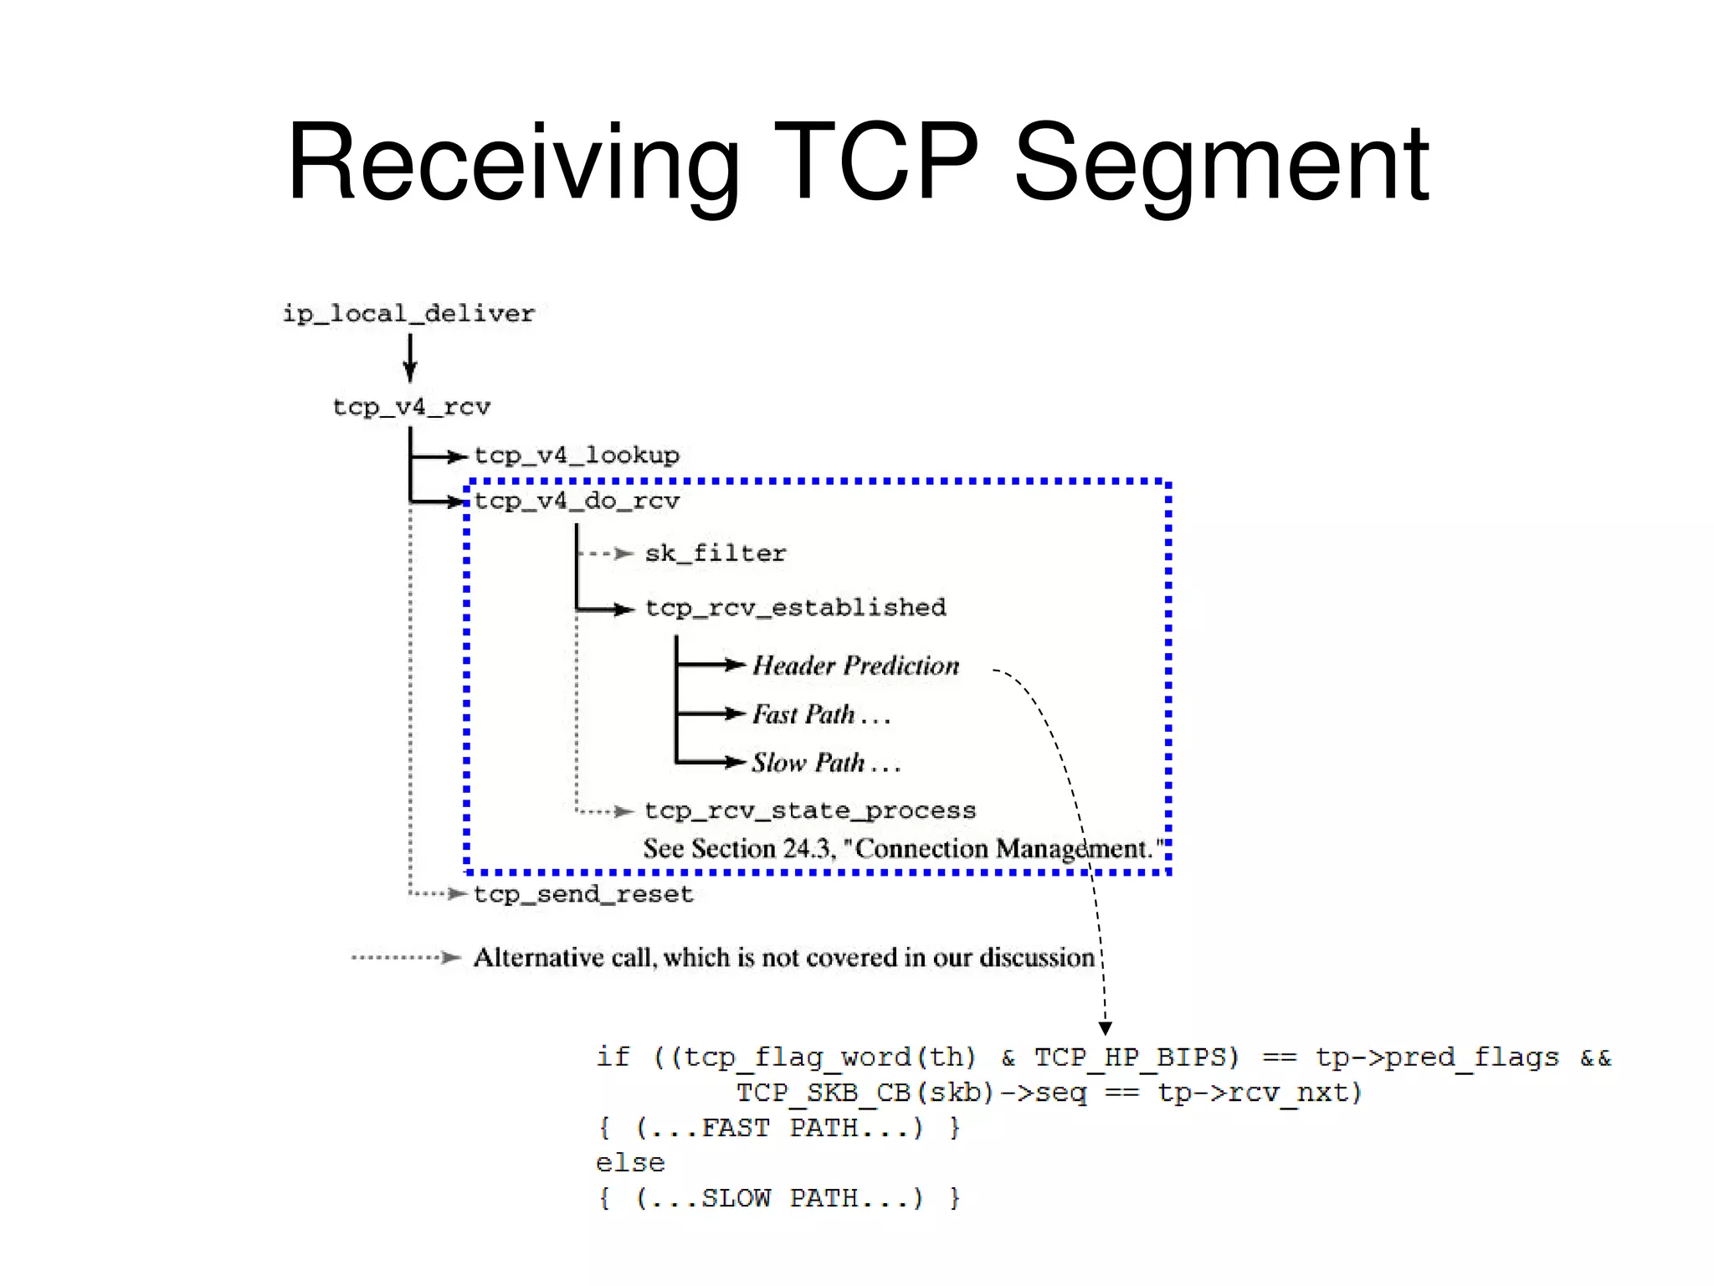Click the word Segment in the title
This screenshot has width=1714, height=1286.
[x=1221, y=163]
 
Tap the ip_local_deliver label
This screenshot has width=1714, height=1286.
[x=408, y=314]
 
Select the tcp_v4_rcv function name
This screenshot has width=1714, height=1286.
[x=412, y=408]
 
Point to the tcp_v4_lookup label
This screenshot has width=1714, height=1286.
[x=577, y=455]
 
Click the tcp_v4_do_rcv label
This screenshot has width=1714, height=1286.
[x=577, y=502]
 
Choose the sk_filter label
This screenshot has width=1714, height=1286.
[x=716, y=553]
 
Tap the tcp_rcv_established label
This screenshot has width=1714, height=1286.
[x=796, y=608]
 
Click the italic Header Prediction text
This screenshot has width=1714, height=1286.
[x=855, y=666]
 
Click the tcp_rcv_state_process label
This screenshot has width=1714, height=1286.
[x=810, y=810]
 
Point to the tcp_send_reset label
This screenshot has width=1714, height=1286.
[x=583, y=894]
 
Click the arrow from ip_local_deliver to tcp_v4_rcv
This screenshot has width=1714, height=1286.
[x=410, y=358]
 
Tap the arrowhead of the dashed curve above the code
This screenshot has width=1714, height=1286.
[x=1105, y=1028]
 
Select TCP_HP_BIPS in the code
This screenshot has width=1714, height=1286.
[x=1136, y=1057]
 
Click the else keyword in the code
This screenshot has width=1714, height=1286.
[x=630, y=1163]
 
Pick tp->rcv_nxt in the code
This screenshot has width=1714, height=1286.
[x=1260, y=1093]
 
